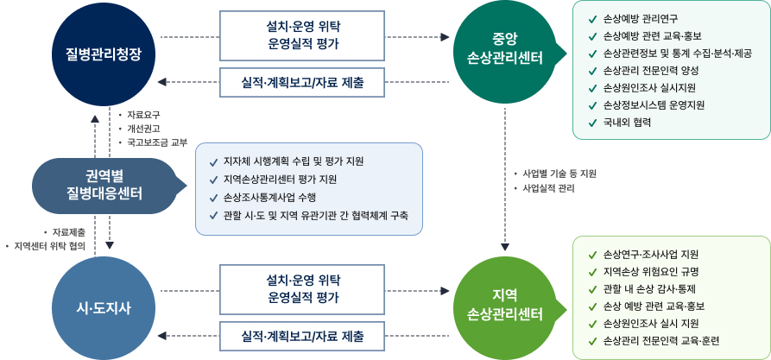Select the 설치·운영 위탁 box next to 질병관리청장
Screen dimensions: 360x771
pyautogui.click(x=302, y=35)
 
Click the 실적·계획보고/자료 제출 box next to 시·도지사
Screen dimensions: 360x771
pyautogui.click(x=302, y=336)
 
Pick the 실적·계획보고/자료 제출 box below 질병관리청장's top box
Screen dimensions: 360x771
pyautogui.click(x=302, y=84)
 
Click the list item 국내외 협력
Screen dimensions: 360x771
pyautogui.click(x=627, y=122)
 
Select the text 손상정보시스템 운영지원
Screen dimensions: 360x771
pyautogui.click(x=654, y=104)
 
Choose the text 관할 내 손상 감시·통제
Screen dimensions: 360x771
pyautogui.click(x=649, y=288)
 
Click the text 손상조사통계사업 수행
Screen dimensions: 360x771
pyautogui.click(x=268, y=197)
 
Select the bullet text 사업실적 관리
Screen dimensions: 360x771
pyautogui.click(x=548, y=187)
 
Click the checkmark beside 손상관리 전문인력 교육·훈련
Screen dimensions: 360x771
pyautogui.click(x=591, y=341)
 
